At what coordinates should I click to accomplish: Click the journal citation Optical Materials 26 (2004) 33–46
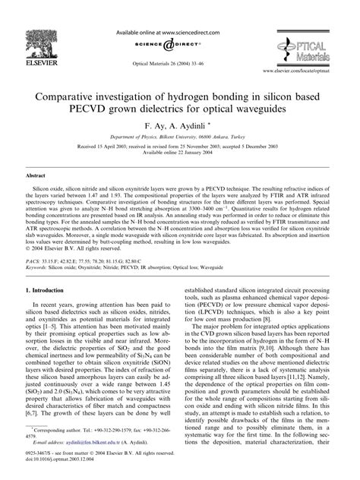click(x=179, y=52)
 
